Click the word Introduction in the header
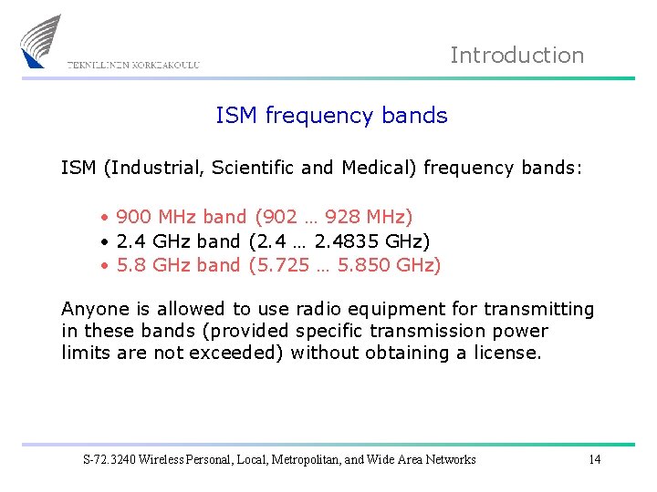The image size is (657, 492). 516,56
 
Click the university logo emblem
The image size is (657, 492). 42,41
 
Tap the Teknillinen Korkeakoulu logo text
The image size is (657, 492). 133,65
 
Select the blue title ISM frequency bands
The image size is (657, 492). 331,116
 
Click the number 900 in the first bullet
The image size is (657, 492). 135,217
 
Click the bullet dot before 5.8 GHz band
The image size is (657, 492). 106,266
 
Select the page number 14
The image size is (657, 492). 594,459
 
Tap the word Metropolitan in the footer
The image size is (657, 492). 308,459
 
